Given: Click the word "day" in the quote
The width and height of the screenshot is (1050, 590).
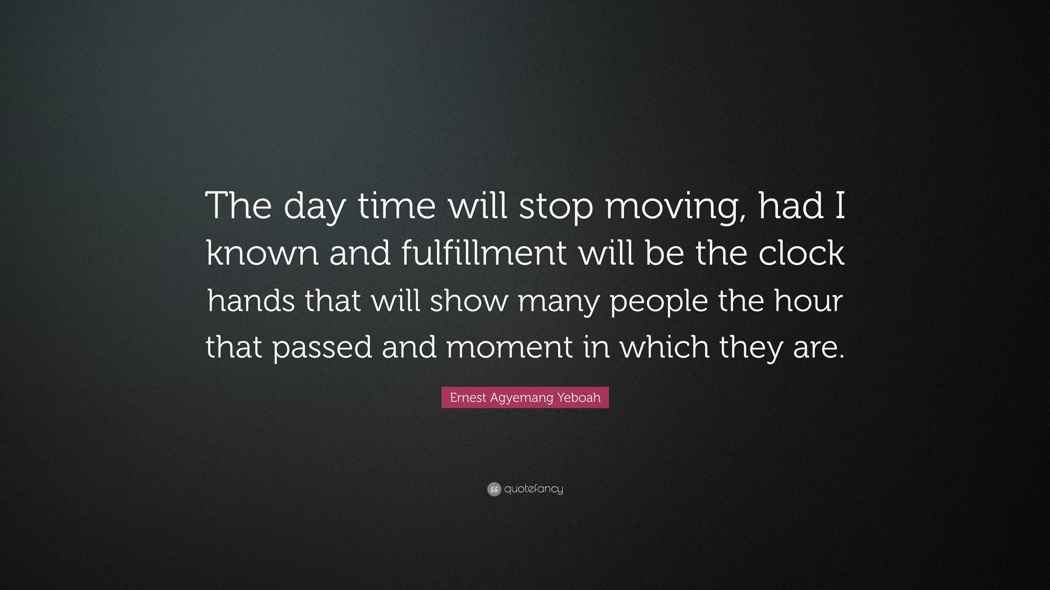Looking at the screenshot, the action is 314,208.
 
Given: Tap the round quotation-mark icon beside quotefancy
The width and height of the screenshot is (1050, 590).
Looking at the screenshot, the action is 494,489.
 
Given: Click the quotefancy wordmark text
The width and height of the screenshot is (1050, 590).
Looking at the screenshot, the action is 533,489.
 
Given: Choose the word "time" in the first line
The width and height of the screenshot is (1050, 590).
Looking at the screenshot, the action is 396,206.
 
